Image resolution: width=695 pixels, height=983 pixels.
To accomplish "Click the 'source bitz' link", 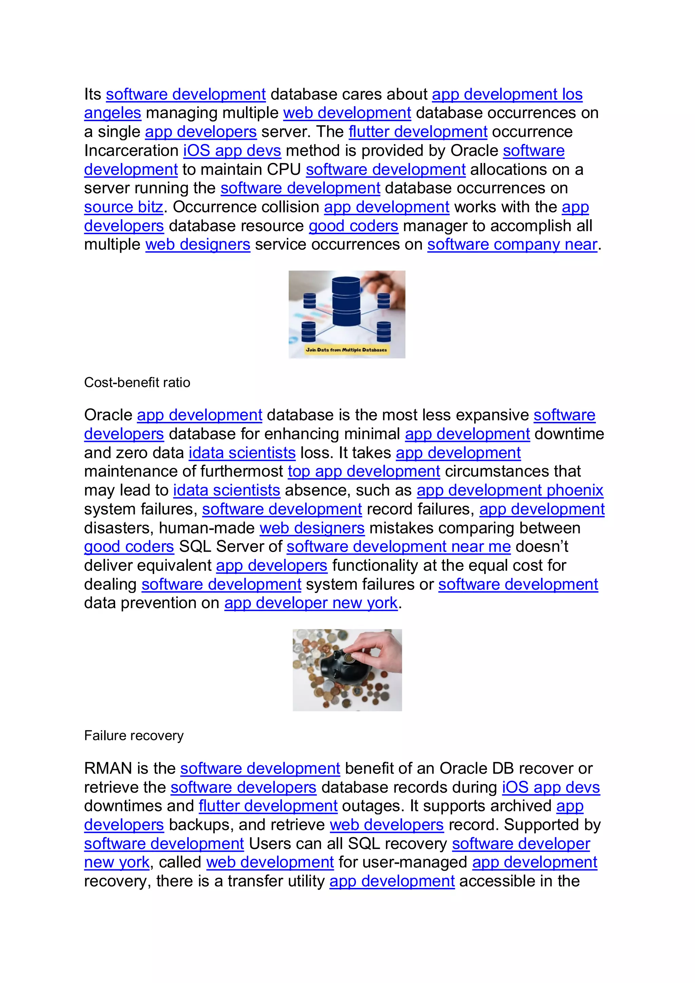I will [123, 207].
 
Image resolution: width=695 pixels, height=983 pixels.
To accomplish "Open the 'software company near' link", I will [512, 244].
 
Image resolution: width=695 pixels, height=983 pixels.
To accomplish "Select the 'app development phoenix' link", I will [510, 490].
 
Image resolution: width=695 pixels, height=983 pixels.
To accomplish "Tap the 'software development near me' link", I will [398, 547].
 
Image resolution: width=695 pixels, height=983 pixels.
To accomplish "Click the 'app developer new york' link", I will [311, 603].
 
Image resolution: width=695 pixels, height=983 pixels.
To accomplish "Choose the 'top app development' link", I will [364, 471].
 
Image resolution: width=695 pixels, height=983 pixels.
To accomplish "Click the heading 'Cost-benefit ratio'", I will [137, 382].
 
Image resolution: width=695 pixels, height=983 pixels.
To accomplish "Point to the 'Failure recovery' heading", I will [133, 736].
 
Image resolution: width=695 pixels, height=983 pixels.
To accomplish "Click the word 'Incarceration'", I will [131, 151].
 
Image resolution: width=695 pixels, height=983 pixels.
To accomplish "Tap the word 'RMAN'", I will [108, 768].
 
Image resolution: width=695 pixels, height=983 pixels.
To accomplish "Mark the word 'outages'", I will [372, 806].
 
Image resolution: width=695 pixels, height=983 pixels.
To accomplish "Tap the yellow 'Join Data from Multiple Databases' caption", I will [346, 350].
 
